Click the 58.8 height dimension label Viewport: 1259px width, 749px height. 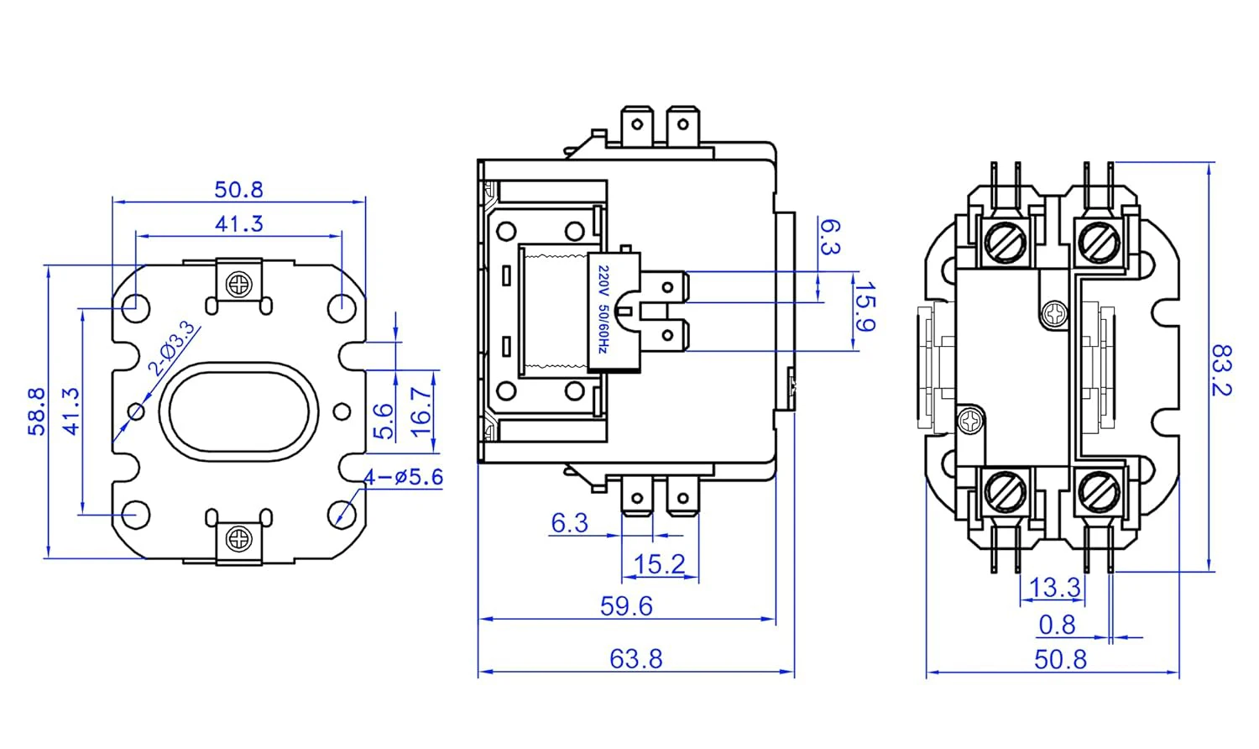click(36, 411)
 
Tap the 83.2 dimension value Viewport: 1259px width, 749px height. click(1221, 369)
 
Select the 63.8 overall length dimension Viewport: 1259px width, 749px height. click(635, 658)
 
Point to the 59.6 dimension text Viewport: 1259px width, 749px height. click(626, 605)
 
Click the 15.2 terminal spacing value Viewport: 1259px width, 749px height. click(659, 563)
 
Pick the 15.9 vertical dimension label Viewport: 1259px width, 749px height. click(865, 307)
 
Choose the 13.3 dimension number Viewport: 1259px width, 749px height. click(1054, 587)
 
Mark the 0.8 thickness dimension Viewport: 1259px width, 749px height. click(1057, 625)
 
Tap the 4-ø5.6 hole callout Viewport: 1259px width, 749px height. click(403, 477)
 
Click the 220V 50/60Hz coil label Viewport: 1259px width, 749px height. click(603, 311)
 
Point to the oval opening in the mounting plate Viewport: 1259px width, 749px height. click(239, 411)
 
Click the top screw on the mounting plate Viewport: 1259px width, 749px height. click(240, 285)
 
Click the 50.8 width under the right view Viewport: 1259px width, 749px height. click(1060, 659)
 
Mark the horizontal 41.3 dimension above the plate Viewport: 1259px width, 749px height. click(239, 223)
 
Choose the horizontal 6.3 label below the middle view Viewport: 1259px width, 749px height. click(569, 523)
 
